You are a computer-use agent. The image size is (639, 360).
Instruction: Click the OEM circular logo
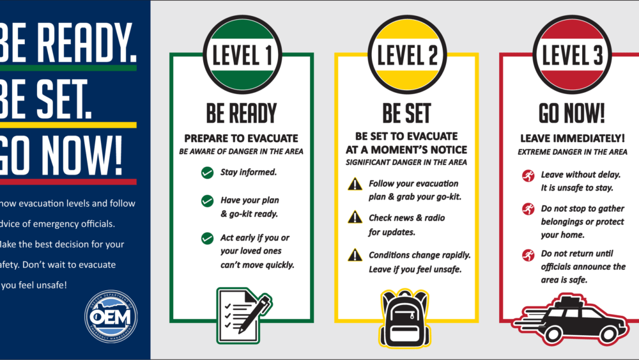pos(111,317)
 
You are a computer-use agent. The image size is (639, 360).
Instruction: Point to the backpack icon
pos(406,318)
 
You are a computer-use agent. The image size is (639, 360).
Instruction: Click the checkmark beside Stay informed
pos(207,172)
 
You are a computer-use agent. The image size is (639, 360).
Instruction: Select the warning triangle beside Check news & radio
pos(355,217)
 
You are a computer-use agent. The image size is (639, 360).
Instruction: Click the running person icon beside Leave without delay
pos(528,175)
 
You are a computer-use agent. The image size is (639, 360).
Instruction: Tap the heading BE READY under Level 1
pos(241,114)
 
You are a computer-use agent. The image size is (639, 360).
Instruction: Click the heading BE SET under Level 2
pos(406,114)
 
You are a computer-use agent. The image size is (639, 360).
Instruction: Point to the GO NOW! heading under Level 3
pos(571,114)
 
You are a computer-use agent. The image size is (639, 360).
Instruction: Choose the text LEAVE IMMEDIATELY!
pos(572,138)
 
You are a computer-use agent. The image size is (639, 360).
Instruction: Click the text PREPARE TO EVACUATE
pos(241,138)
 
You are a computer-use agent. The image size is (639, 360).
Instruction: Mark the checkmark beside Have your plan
pos(207,201)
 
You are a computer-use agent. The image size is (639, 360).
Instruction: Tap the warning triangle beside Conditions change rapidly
pos(355,255)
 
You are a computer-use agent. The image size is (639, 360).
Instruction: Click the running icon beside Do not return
pos(528,255)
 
